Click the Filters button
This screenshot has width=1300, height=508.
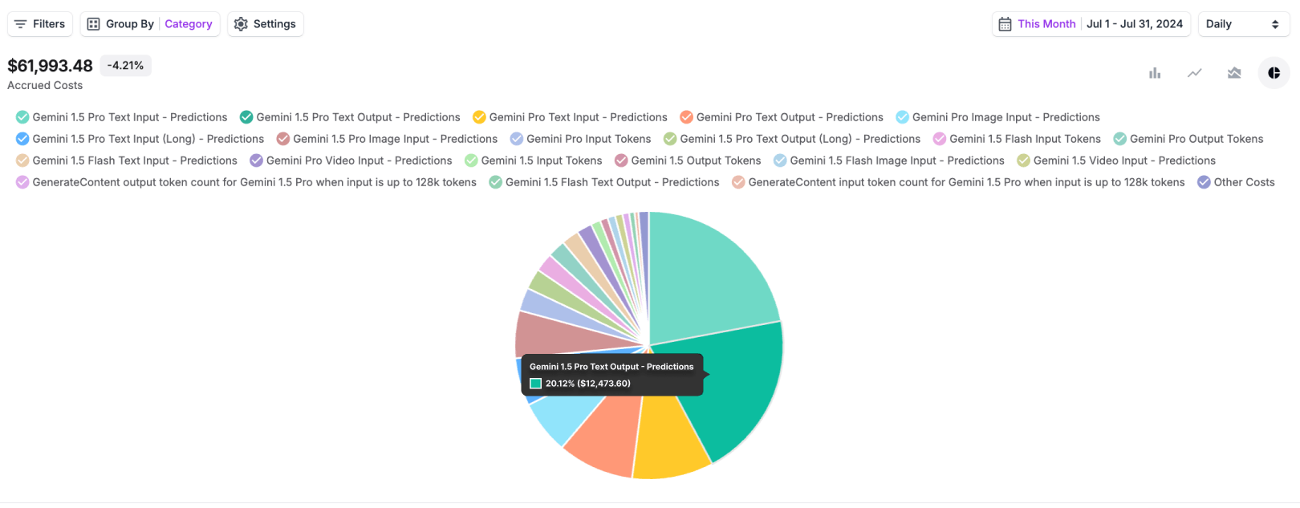[40, 24]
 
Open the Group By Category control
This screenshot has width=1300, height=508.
[150, 24]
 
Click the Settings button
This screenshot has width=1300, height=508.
[266, 24]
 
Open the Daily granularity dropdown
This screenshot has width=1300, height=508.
[1242, 24]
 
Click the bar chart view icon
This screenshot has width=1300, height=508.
[1155, 73]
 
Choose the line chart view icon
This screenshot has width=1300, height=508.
[1195, 73]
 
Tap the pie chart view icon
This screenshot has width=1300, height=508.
[1274, 73]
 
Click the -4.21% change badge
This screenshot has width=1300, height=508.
[126, 66]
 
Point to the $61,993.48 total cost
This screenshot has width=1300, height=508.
[51, 66]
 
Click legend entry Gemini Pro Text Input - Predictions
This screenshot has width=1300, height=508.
[570, 117]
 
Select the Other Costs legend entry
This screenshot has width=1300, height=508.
[1236, 182]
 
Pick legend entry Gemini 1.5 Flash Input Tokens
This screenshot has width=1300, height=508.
[1017, 139]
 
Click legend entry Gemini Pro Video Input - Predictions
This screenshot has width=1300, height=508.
[351, 161]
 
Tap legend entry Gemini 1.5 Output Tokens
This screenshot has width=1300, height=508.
[688, 161]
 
